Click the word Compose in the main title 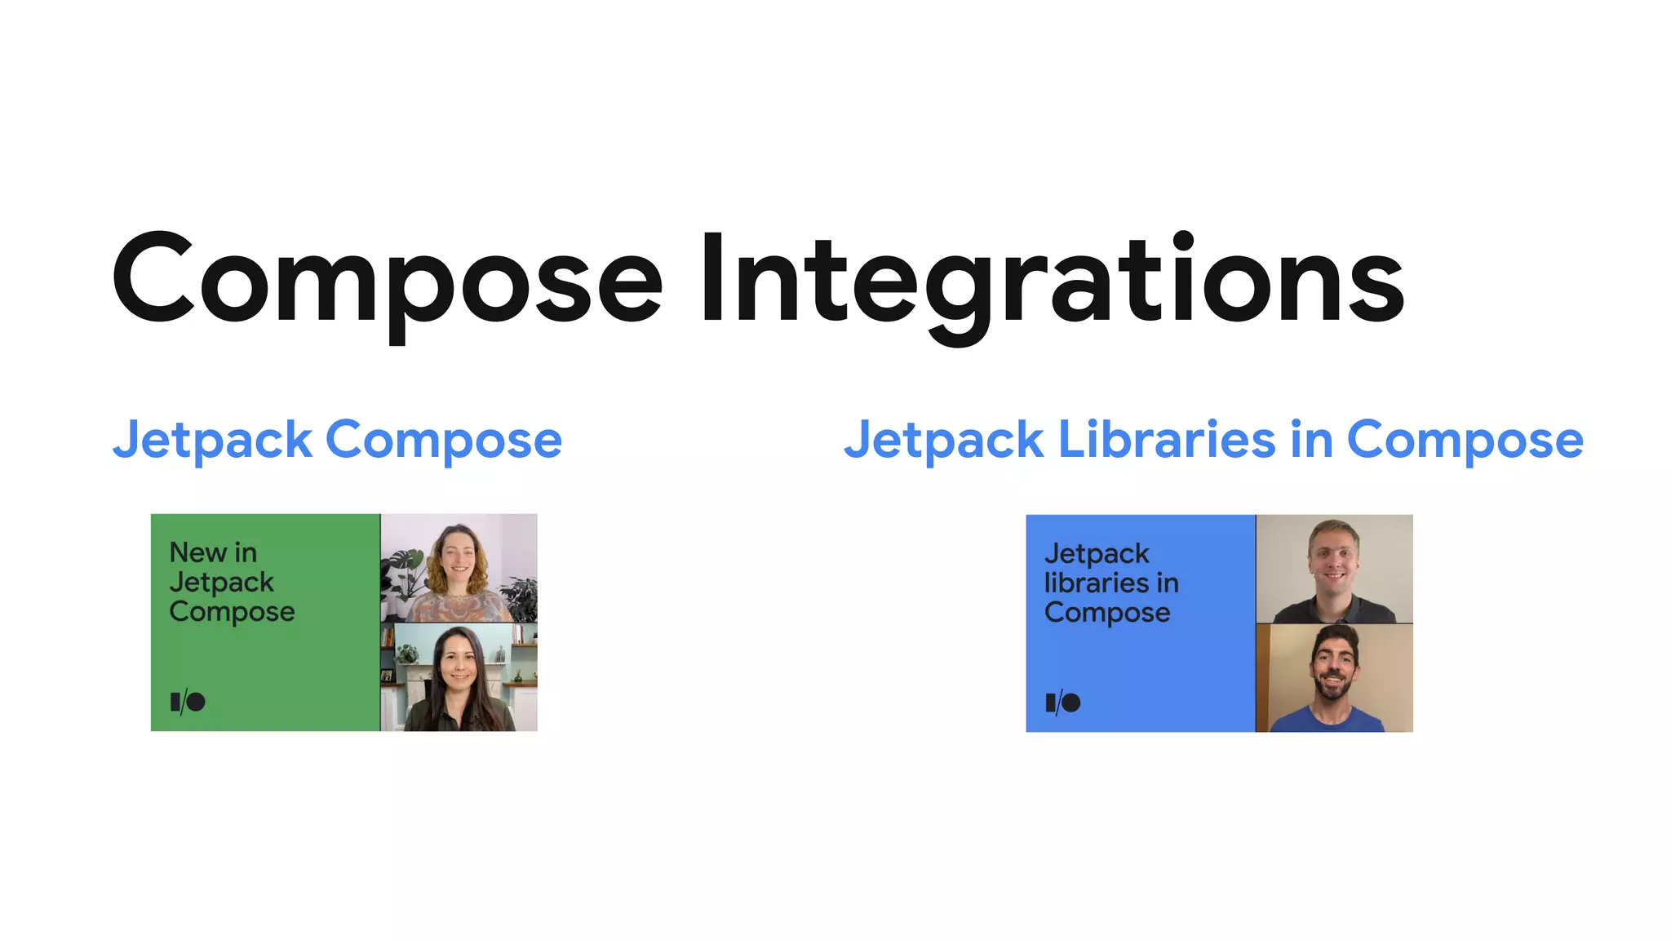pyautogui.click(x=388, y=279)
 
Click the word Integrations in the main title pyautogui.click(x=1052, y=279)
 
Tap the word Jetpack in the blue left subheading pyautogui.click(x=212, y=441)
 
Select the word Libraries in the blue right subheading pyautogui.click(x=1166, y=440)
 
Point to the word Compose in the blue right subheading pyautogui.click(x=1465, y=441)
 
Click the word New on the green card pyautogui.click(x=197, y=552)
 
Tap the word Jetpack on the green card pyautogui.click(x=221, y=582)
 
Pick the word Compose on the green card pyautogui.click(x=232, y=612)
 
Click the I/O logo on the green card pyautogui.click(x=188, y=702)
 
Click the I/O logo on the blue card pyautogui.click(x=1063, y=703)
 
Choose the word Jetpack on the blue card pyautogui.click(x=1097, y=553)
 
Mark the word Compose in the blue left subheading pyautogui.click(x=444, y=441)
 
